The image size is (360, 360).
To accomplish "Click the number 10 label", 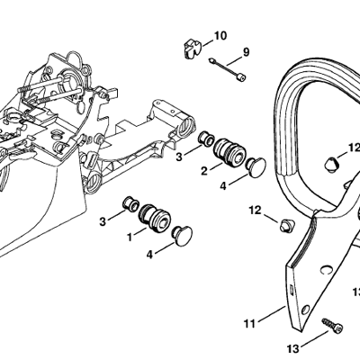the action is (x=220, y=36).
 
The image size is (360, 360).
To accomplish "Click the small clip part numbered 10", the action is (x=192, y=49).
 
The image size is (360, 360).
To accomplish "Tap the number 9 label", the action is (x=246, y=52).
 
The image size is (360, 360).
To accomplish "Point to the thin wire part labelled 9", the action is (x=228, y=68).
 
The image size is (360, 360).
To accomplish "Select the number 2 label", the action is (x=204, y=171).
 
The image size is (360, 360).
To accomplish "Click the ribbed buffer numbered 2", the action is (x=229, y=151).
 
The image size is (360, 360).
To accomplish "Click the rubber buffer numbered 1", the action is (x=155, y=218).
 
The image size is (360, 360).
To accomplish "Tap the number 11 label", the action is (x=249, y=324).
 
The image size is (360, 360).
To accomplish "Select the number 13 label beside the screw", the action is (x=292, y=349).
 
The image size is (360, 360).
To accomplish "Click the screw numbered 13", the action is (x=332, y=326).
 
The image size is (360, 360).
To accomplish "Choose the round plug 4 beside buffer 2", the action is (x=256, y=168).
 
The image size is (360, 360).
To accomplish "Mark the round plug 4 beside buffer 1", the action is (x=182, y=236).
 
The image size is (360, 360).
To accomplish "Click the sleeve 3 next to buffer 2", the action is (x=207, y=138).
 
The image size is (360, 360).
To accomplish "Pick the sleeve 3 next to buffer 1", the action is (x=130, y=204).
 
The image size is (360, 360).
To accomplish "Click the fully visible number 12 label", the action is (x=256, y=211).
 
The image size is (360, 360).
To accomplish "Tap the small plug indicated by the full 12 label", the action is (x=286, y=225).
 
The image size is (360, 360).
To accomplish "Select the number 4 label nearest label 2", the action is (x=223, y=186).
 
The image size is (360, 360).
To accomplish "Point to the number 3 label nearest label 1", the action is (x=103, y=222).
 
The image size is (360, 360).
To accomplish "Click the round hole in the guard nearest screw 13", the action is (x=306, y=310).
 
